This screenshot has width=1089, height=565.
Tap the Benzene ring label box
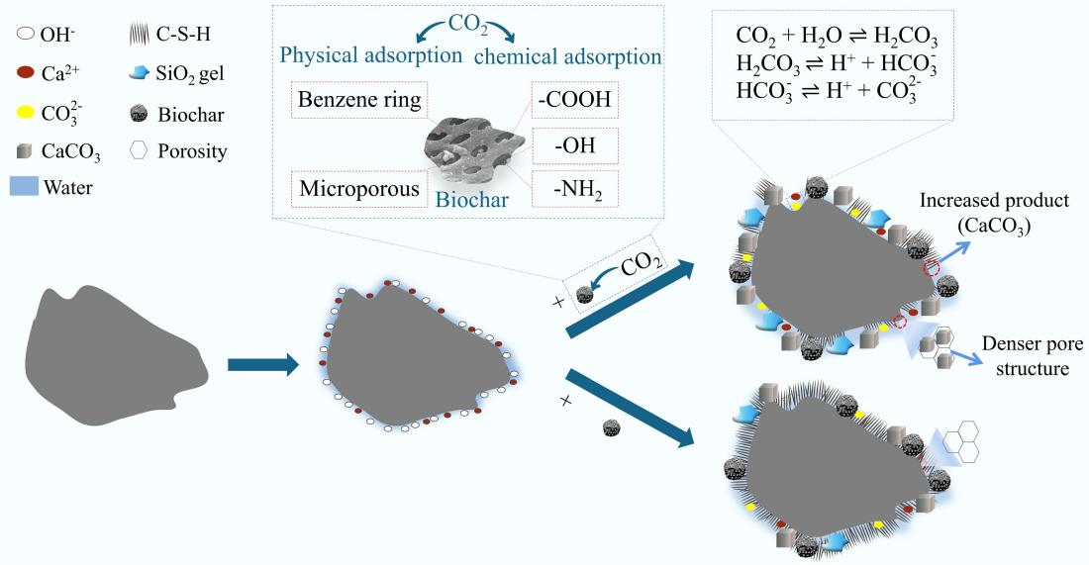coord(358,101)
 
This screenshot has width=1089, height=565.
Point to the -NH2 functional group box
coord(575,188)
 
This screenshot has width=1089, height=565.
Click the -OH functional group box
coord(575,144)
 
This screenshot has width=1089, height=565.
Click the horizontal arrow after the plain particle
coord(262,365)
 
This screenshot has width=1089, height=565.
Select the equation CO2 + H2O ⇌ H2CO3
coord(837,38)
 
